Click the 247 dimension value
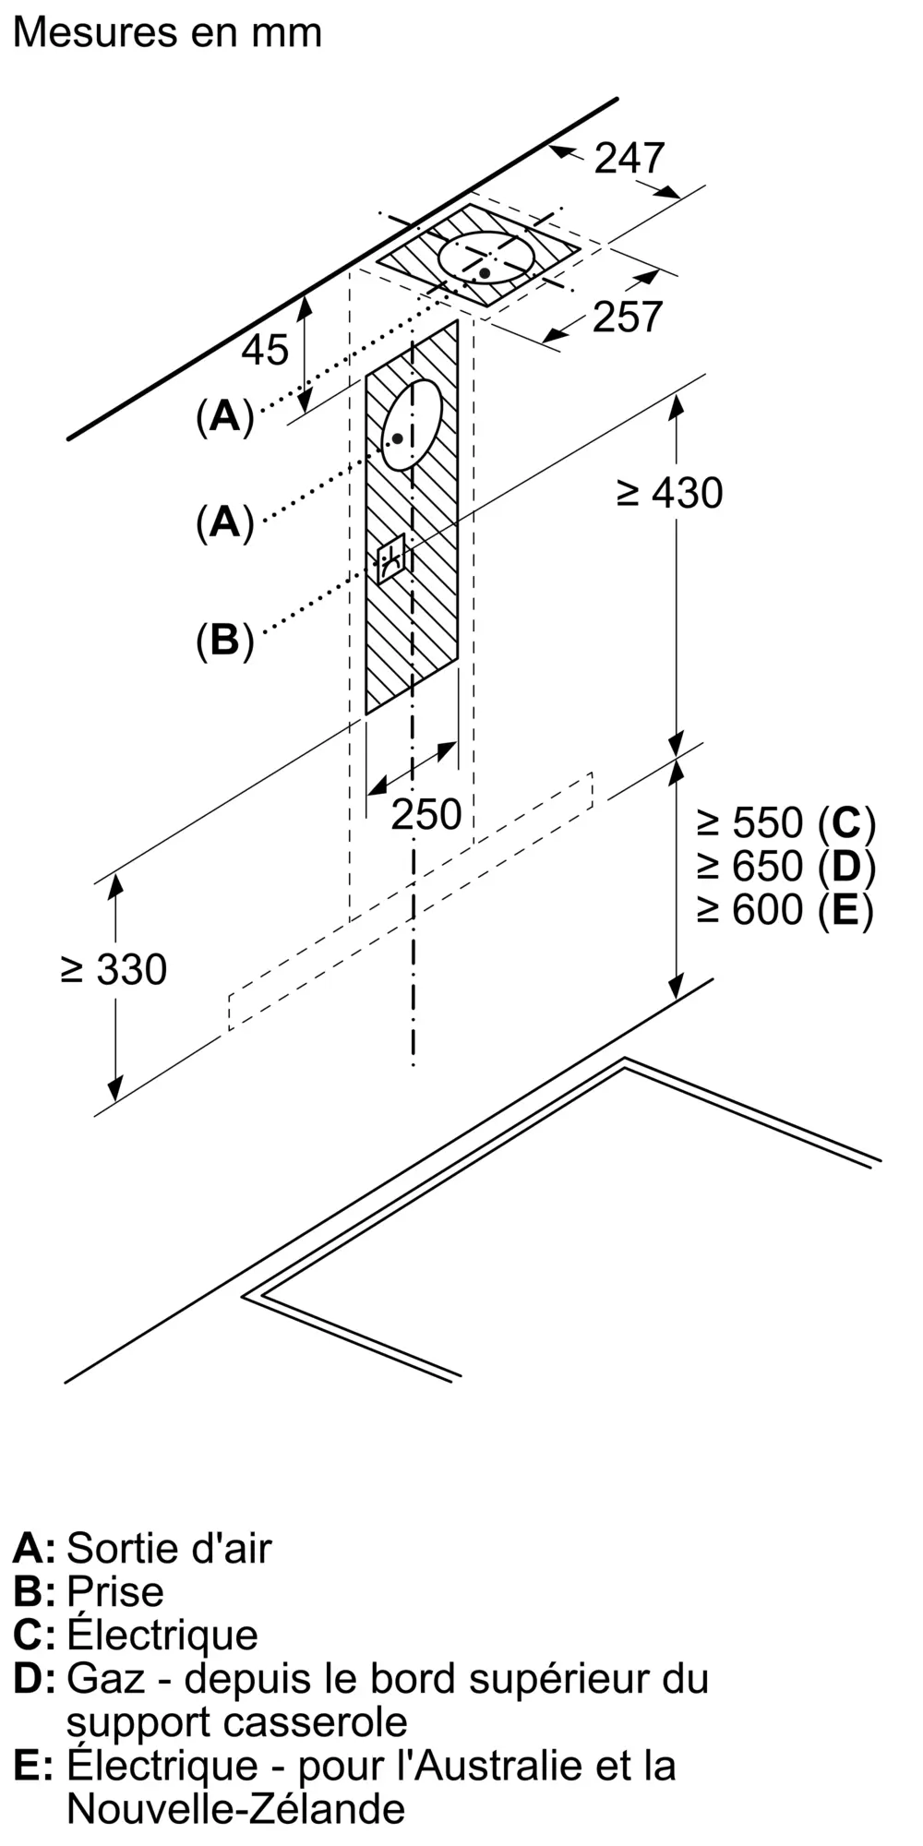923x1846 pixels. (629, 158)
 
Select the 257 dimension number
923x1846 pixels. (628, 317)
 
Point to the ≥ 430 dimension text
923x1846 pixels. (670, 493)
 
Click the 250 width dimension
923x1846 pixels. (426, 814)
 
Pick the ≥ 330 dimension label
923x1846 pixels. (114, 969)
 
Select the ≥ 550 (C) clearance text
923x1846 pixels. (785, 821)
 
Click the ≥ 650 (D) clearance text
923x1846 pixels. (785, 866)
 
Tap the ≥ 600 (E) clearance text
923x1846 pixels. (785, 910)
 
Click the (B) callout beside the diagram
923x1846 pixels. (224, 639)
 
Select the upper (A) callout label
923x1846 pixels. (224, 417)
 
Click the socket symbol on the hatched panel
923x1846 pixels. (390, 557)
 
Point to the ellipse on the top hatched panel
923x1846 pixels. (485, 257)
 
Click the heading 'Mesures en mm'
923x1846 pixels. (168, 33)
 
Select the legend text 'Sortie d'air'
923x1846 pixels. (169, 1548)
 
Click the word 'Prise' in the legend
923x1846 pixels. (115, 1591)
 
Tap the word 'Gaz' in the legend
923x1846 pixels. (106, 1678)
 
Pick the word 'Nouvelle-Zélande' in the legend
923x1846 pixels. (235, 1808)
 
